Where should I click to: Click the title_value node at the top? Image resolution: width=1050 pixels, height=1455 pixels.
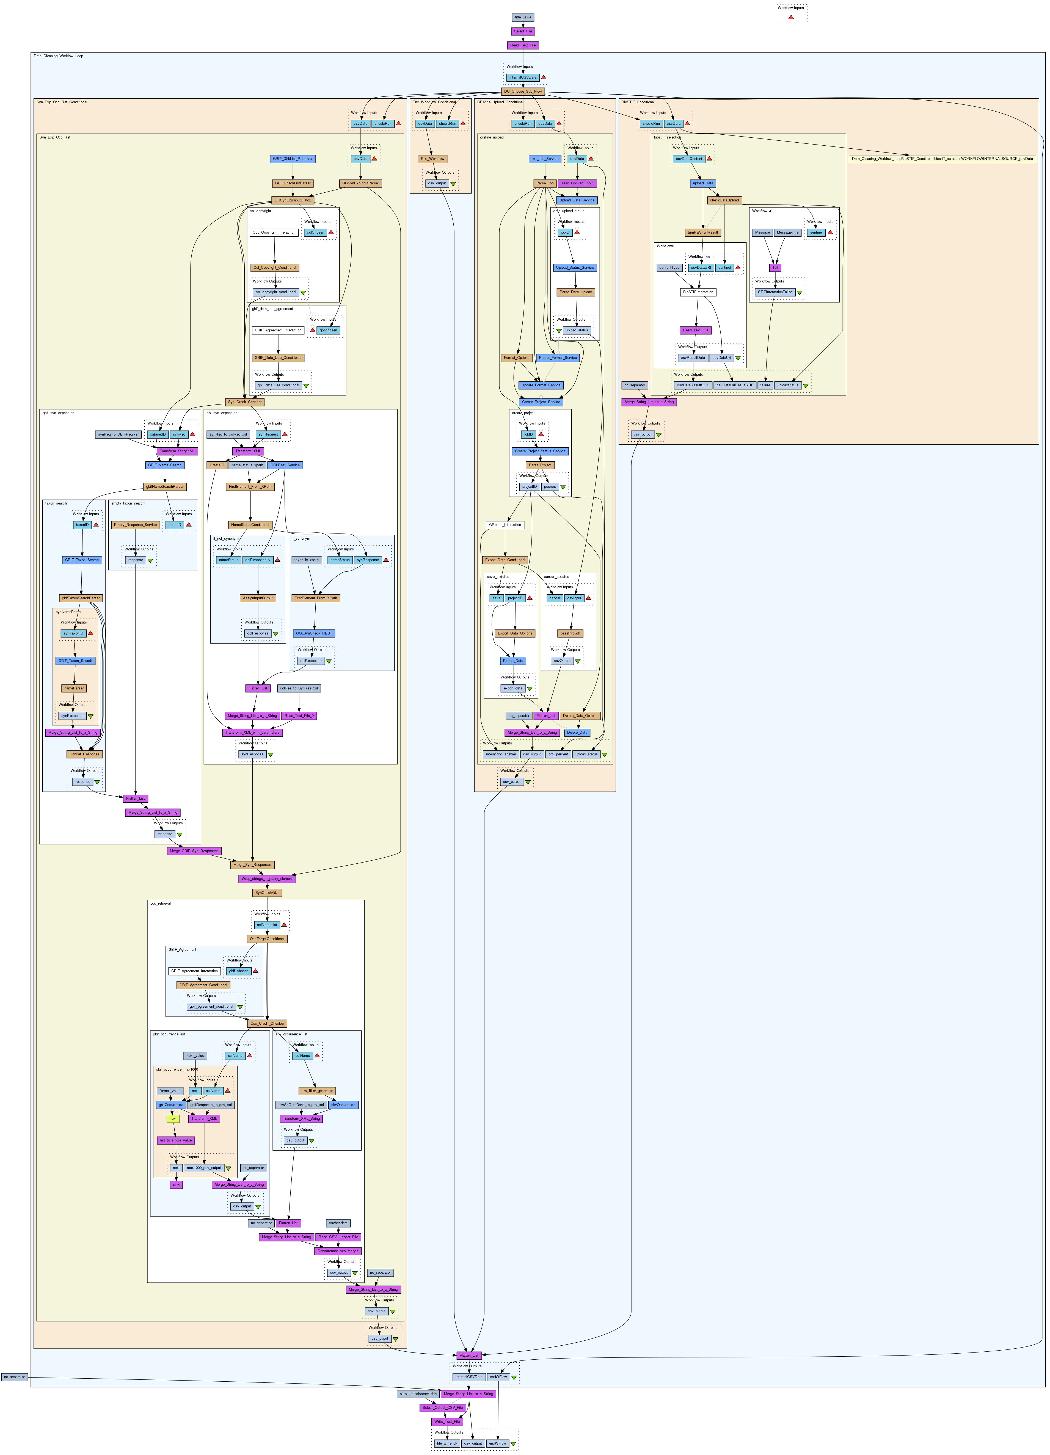(x=522, y=17)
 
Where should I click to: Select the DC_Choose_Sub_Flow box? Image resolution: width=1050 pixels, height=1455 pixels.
(x=522, y=92)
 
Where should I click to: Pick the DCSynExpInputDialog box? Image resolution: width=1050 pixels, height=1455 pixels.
(x=293, y=200)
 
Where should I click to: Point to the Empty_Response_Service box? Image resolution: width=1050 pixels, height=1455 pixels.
(x=135, y=525)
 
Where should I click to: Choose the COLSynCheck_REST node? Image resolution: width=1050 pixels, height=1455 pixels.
(x=315, y=633)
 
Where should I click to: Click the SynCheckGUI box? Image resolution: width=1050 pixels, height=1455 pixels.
(x=267, y=893)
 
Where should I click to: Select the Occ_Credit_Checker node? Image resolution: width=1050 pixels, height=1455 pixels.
(x=267, y=1023)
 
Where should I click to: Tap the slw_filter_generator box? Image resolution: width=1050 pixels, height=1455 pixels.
(x=317, y=1091)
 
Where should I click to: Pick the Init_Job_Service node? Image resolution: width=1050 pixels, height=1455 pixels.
(x=545, y=159)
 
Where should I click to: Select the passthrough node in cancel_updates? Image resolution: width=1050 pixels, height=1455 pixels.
(x=570, y=633)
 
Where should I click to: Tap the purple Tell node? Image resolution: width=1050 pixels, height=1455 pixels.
(x=775, y=268)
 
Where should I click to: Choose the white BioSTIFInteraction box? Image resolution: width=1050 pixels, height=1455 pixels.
(x=698, y=292)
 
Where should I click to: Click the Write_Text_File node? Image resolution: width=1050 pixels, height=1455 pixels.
(x=447, y=1422)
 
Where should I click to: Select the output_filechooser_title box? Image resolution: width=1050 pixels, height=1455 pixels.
(x=418, y=1394)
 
